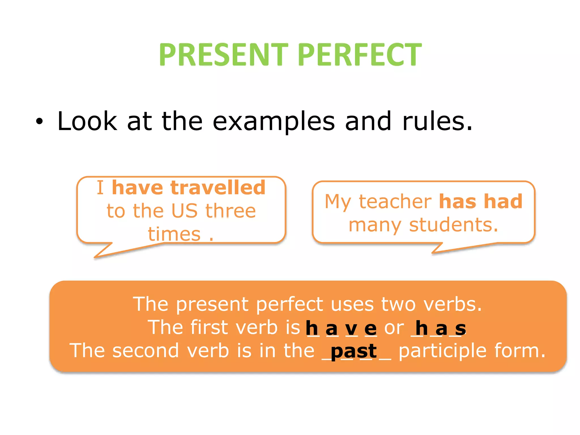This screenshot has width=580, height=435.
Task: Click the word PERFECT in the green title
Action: tap(360, 54)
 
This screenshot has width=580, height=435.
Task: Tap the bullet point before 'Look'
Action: tap(39, 122)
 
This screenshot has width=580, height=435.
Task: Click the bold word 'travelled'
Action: tap(218, 188)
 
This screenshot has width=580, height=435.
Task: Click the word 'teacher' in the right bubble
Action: tap(395, 202)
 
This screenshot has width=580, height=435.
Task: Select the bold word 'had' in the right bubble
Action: tap(503, 202)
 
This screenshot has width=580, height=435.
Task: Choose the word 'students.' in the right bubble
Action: tap(453, 225)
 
